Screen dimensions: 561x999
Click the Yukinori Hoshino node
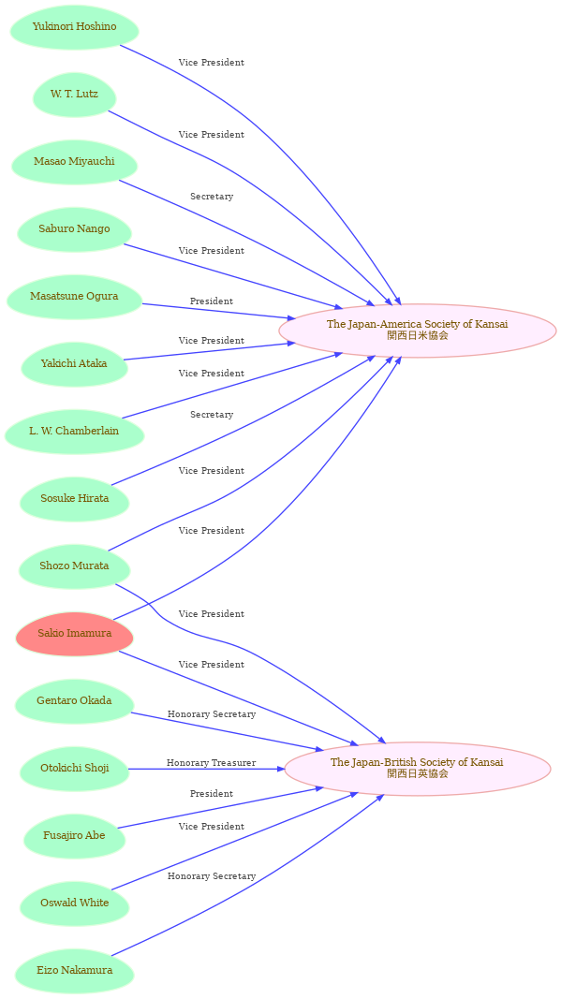point(75,27)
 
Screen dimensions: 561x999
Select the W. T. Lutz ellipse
point(75,95)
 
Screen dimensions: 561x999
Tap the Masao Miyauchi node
point(75,162)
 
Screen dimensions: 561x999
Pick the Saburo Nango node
point(75,229)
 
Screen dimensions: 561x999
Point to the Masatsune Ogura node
point(75,297)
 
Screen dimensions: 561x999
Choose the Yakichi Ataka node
point(75,364)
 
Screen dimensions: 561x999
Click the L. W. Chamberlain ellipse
point(75,432)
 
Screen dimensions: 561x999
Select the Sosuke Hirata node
point(75,499)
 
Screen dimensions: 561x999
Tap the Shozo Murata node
point(75,566)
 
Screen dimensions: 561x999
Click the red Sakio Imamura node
point(75,634)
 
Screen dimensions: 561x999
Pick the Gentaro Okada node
point(75,701)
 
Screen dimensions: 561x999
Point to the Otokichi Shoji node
point(75,769)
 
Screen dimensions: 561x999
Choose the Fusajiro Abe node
point(75,836)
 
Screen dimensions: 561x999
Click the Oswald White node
point(75,904)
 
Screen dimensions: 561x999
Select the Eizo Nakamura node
point(75,972)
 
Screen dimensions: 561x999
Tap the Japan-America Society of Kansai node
point(418,331)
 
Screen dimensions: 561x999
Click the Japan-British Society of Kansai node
point(418,769)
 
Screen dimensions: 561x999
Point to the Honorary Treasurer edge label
point(211,763)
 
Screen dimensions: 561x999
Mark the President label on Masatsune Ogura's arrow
point(211,301)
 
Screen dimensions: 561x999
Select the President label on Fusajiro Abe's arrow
point(211,794)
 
